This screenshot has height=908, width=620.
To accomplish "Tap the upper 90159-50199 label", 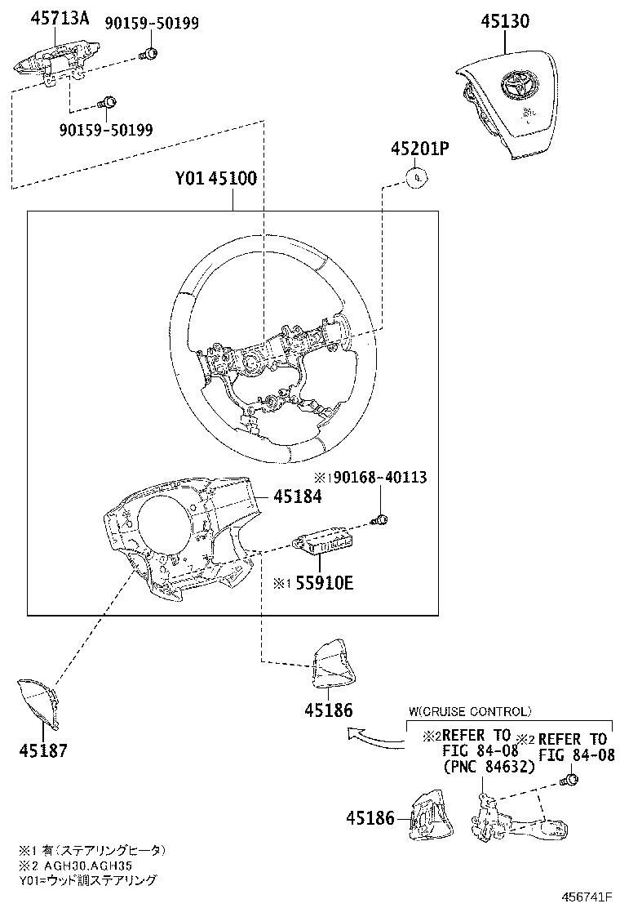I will [x=151, y=23].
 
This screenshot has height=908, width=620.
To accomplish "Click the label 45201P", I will [x=419, y=149].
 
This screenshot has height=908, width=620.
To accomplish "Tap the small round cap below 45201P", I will [x=417, y=176].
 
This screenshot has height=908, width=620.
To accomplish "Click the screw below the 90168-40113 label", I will [x=379, y=519].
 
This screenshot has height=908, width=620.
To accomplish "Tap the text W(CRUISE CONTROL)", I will [x=469, y=712].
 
